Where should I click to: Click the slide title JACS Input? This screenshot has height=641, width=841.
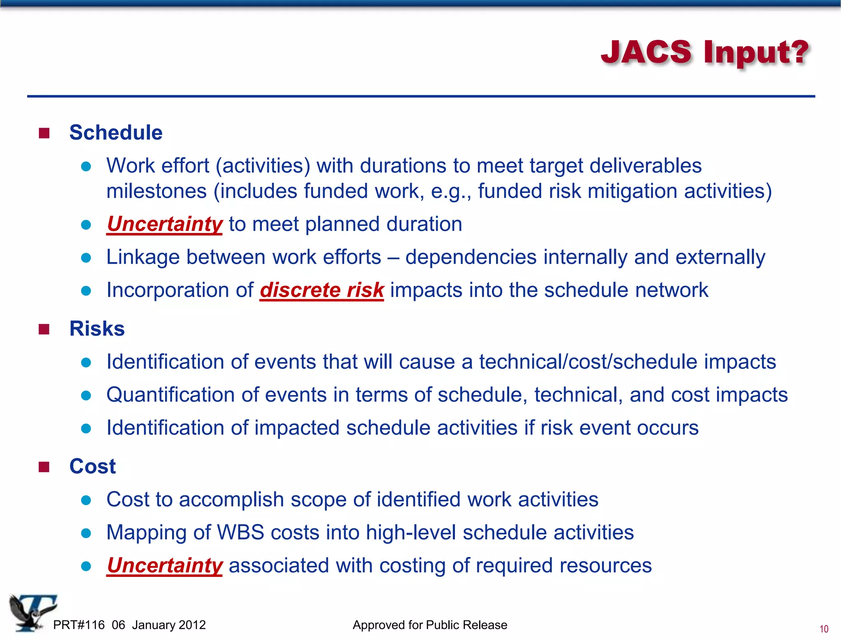(x=705, y=53)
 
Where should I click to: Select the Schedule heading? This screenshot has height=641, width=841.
(x=116, y=133)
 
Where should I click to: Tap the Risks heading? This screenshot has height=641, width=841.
(x=97, y=329)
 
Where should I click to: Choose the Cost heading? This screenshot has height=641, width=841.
(x=93, y=466)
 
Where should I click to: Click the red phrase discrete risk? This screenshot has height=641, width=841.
(x=322, y=290)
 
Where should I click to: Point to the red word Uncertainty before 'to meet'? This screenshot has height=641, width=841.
(x=164, y=224)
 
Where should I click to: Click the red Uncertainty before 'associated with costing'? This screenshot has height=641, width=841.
(x=164, y=565)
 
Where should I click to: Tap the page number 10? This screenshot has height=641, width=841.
(x=823, y=629)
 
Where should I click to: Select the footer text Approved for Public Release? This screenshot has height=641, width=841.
(x=430, y=625)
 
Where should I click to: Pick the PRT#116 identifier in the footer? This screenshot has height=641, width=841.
(x=79, y=625)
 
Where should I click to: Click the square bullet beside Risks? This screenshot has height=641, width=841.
(x=44, y=329)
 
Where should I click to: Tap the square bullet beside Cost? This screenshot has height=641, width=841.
(x=44, y=467)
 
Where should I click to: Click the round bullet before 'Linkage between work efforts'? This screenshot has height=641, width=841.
(x=86, y=258)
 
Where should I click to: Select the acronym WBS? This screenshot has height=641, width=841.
(x=240, y=533)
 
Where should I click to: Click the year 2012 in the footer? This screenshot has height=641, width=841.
(x=192, y=625)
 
